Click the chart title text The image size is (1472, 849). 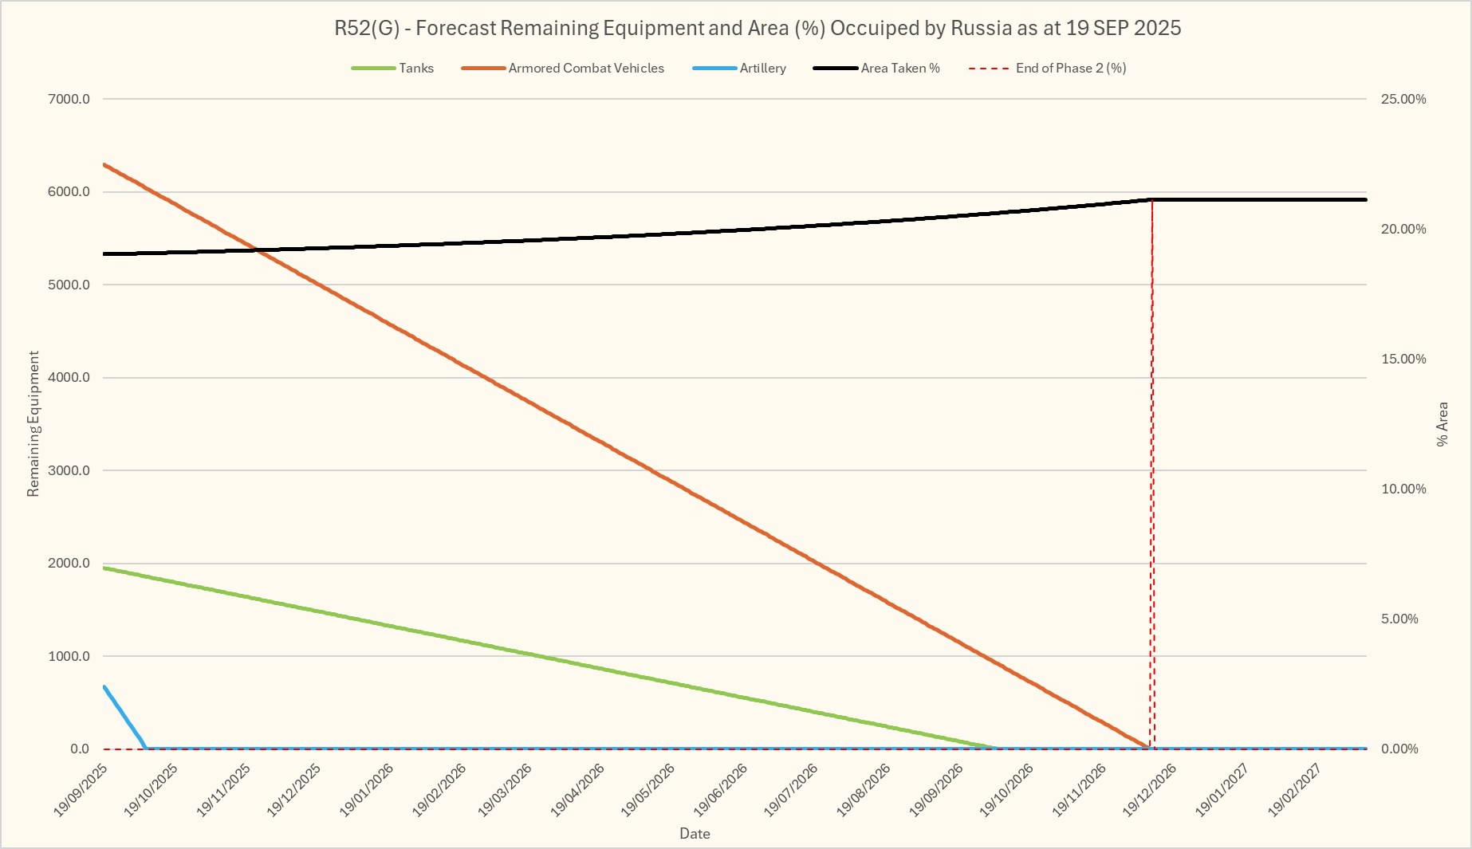pos(757,28)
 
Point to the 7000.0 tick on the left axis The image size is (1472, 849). pos(69,100)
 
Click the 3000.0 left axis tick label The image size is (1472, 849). pos(69,470)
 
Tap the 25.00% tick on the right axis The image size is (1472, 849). pos(1403,100)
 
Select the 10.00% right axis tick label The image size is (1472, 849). pos(1403,489)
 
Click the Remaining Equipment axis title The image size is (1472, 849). pos(33,423)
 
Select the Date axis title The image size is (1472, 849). pos(695,834)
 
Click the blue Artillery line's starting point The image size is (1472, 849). pos(104,686)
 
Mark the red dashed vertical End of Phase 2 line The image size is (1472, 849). pos(1152,478)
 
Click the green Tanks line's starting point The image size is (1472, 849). pos(104,568)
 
